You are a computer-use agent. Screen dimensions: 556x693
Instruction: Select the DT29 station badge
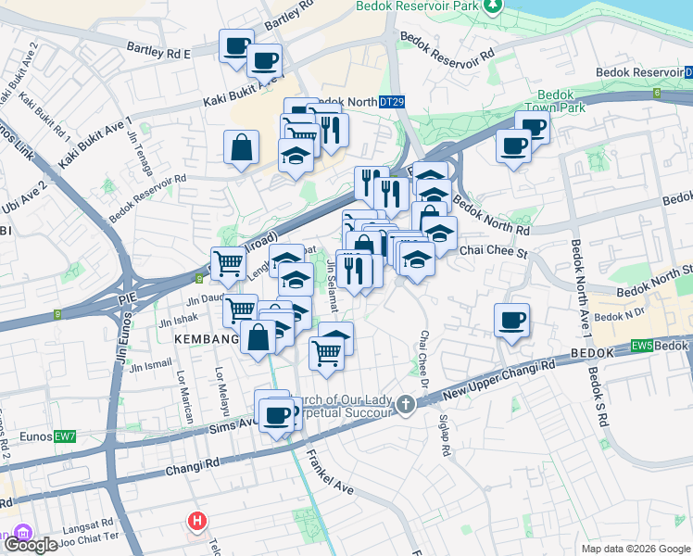pos(391,102)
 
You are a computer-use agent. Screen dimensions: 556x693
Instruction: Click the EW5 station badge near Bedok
pos(642,346)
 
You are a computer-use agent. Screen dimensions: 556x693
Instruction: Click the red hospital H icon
pos(196,523)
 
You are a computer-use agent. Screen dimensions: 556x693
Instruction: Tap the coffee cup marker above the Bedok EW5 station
pos(511,322)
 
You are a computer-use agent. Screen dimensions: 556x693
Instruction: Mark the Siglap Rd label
pos(444,435)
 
